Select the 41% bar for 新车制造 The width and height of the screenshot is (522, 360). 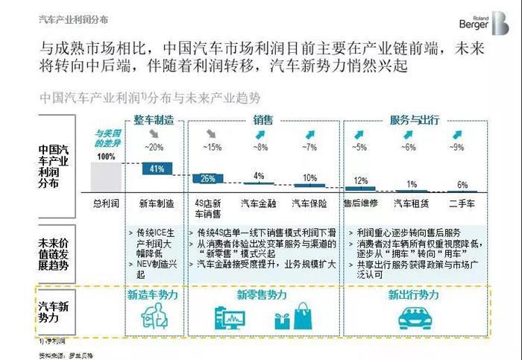click(x=157, y=169)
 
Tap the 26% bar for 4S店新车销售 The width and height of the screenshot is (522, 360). click(x=208, y=179)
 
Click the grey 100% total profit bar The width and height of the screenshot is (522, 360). click(x=107, y=176)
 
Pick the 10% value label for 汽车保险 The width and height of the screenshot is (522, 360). click(x=310, y=178)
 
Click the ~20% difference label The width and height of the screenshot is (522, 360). click(x=154, y=147)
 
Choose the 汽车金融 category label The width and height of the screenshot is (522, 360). click(x=258, y=202)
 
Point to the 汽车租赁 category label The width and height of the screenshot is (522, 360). click(x=411, y=202)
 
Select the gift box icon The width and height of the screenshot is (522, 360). click(x=282, y=320)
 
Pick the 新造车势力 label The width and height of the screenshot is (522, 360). click(x=153, y=295)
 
